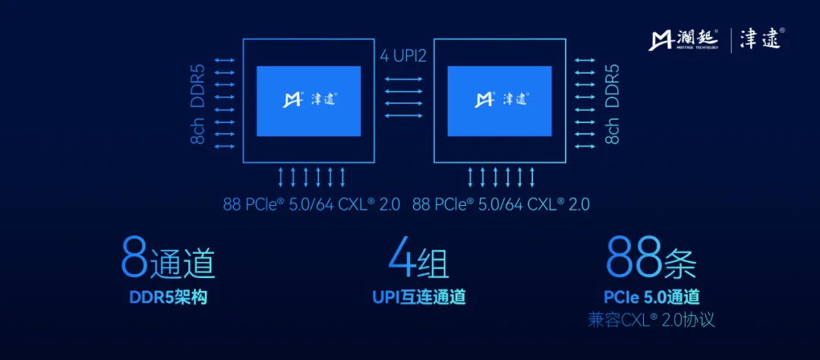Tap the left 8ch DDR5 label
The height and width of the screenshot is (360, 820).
197,105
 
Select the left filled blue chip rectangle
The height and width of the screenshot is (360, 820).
308,101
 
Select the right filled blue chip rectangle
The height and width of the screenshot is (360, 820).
500,101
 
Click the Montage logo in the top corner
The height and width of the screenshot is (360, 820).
685,39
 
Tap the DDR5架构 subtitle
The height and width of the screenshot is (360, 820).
169,297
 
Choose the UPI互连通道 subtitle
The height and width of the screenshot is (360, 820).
418,297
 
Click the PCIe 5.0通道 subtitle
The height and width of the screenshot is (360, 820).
651,297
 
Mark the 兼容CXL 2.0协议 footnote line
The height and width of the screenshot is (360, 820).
651,319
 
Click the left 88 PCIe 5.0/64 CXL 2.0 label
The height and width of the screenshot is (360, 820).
312,204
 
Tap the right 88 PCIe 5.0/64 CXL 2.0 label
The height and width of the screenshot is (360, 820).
501,204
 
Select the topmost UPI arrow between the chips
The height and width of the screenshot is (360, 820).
403,79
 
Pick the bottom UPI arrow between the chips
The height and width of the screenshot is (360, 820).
403,116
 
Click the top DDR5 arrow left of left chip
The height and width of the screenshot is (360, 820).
225,60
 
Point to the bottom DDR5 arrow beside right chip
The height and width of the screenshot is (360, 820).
585,146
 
